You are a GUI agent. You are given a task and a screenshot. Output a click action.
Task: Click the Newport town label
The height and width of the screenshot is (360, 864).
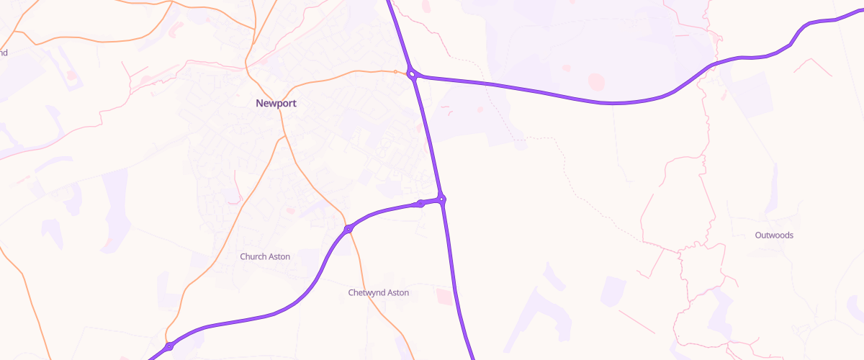(276, 104)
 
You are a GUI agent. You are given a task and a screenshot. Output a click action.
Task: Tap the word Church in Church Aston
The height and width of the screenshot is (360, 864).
(253, 257)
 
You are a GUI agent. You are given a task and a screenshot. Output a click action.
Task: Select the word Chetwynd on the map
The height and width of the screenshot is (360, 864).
(367, 293)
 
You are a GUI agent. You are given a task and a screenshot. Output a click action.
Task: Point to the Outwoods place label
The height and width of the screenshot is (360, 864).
(774, 235)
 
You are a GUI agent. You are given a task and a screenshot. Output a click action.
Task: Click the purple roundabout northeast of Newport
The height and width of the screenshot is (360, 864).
(413, 73)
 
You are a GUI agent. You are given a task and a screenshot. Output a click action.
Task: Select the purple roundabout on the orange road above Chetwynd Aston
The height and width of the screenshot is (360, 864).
(348, 229)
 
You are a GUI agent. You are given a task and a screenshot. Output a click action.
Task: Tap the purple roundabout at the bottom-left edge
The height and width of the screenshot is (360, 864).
(168, 347)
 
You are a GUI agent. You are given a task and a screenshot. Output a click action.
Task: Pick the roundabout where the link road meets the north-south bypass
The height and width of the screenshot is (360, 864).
(442, 199)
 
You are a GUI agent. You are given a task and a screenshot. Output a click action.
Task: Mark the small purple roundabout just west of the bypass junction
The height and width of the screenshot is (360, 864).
(420, 204)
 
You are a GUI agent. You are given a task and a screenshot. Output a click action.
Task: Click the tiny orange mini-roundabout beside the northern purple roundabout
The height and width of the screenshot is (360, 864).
(395, 71)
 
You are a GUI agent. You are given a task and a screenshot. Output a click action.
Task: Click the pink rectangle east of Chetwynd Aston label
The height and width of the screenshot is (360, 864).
(445, 295)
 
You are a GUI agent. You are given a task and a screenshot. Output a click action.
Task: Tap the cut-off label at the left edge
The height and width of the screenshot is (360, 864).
(4, 53)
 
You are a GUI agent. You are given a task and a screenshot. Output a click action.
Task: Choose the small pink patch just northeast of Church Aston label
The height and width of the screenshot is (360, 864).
(291, 210)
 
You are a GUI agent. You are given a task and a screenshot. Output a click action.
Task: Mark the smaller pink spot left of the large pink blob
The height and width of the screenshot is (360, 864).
(567, 68)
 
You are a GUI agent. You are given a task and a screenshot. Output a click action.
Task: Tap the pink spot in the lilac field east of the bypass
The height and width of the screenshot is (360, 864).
(480, 109)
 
